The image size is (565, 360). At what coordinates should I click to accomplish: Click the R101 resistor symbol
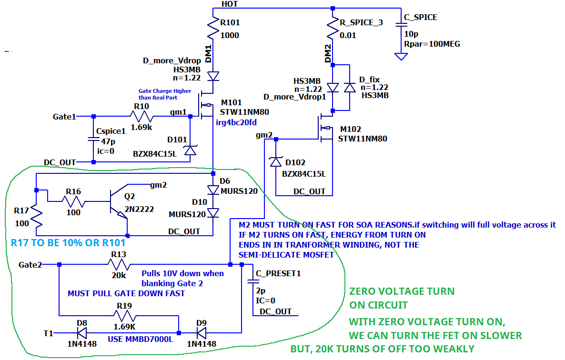coord(212,29)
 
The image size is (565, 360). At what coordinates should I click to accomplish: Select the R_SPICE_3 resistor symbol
coord(333,29)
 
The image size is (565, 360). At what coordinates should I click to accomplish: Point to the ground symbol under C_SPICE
coord(402,56)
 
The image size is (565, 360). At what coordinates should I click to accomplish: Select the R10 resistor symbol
coord(141,116)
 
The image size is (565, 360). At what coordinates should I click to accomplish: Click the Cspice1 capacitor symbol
coord(93,139)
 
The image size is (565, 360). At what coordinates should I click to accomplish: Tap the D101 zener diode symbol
coord(190,150)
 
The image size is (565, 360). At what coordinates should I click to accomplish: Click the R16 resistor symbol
coord(73,202)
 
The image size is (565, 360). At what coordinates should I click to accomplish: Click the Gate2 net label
coord(30,264)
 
